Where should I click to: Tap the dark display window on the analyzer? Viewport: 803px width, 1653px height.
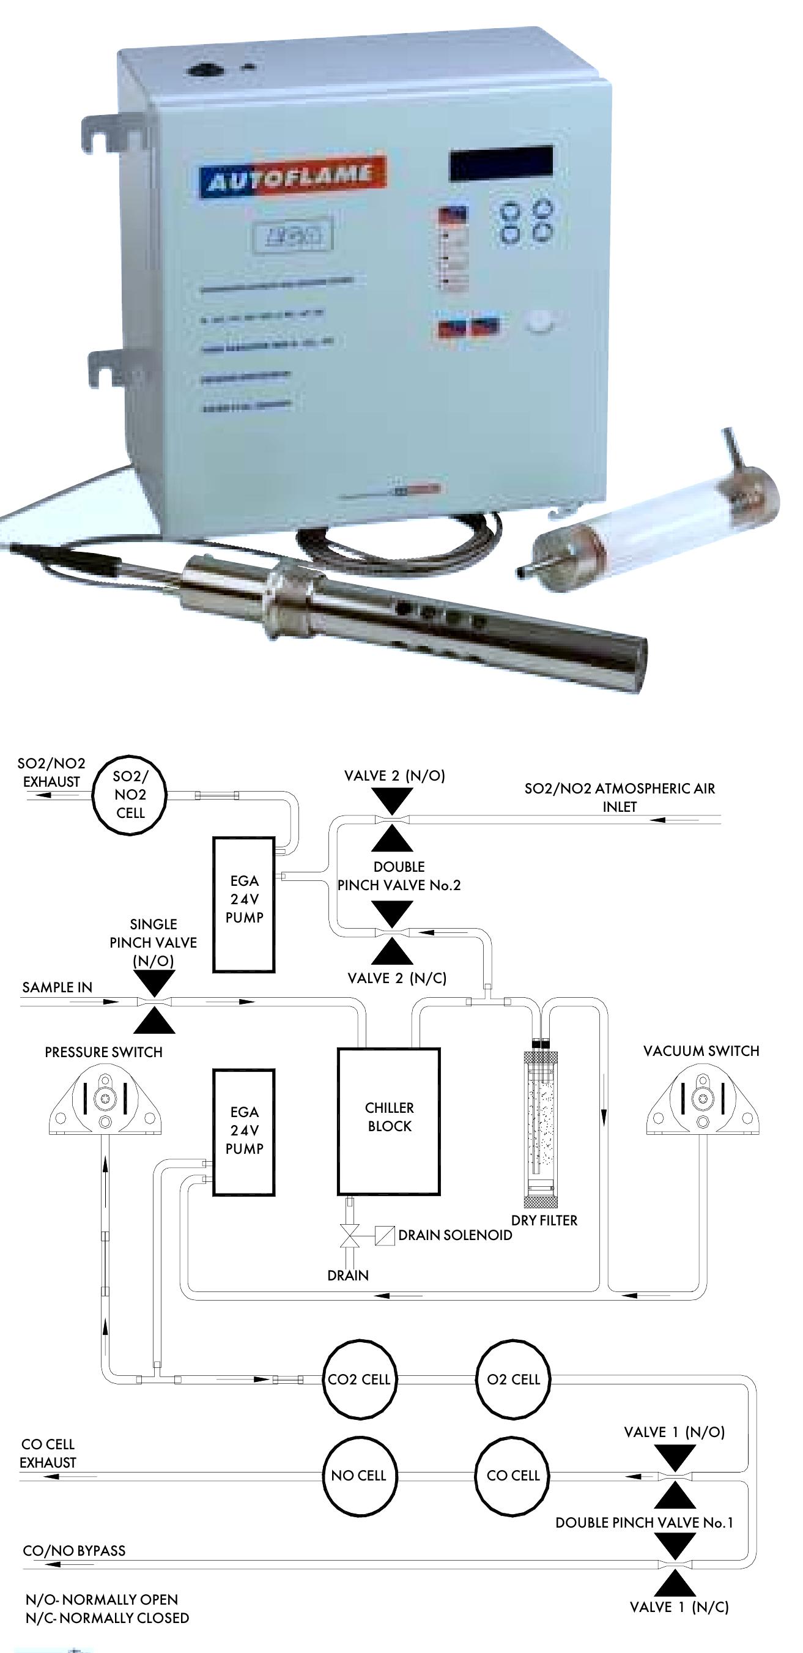(501, 163)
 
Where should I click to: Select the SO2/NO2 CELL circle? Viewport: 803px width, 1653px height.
(130, 795)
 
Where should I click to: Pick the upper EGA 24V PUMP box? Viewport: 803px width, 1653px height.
(244, 904)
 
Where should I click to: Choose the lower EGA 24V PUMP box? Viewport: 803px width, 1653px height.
(244, 1132)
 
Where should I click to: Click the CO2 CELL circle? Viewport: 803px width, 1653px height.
(358, 1378)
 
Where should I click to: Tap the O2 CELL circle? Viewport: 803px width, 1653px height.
(513, 1378)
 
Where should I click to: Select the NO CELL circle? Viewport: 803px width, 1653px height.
(358, 1474)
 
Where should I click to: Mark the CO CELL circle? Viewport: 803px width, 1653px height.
(513, 1474)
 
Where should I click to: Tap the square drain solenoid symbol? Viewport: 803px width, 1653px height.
(384, 1236)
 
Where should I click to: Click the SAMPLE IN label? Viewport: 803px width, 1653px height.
(57, 987)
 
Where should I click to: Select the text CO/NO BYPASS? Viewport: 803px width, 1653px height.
(74, 1550)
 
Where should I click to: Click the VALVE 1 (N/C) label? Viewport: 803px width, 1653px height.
(679, 1607)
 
